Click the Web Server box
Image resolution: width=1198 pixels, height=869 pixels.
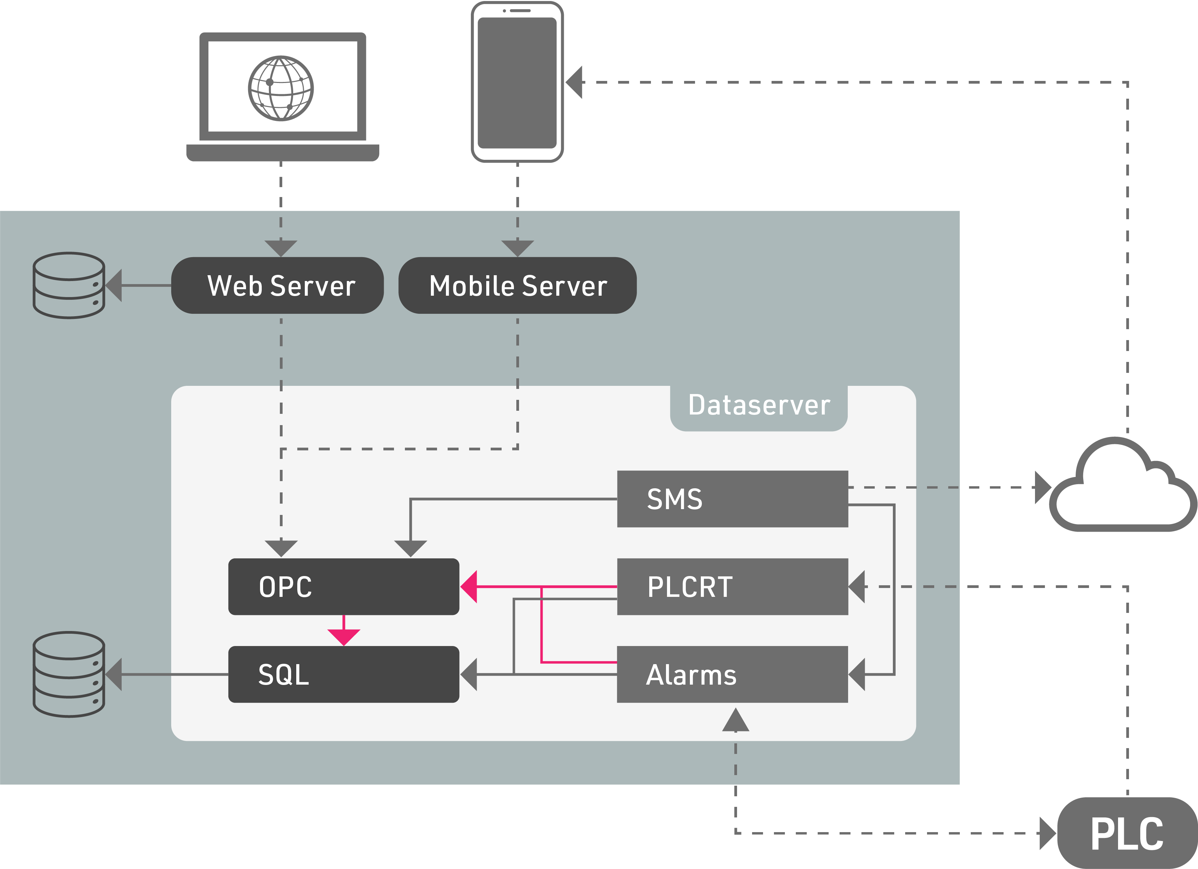(277, 285)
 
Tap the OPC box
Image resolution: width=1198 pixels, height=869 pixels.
(343, 587)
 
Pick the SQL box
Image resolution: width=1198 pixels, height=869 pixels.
(343, 674)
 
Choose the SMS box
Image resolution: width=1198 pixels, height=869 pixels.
(732, 499)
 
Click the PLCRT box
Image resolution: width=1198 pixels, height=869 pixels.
(732, 587)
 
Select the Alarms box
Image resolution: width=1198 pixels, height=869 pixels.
(732, 674)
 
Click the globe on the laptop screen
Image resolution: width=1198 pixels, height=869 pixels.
(281, 88)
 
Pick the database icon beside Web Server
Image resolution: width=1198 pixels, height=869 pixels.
(69, 285)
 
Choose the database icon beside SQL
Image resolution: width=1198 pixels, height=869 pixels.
(69, 674)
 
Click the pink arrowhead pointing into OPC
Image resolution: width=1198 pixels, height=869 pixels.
(469, 587)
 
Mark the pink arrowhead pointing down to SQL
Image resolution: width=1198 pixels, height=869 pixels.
(343, 637)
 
